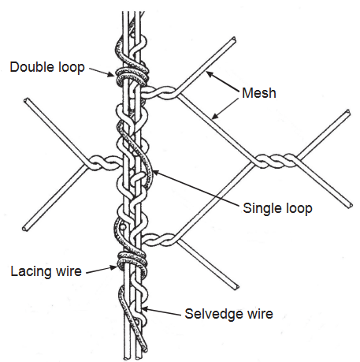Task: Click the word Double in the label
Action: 32,67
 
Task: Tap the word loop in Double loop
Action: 72,68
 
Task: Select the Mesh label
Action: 259,93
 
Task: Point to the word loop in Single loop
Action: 299,209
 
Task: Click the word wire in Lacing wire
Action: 69,271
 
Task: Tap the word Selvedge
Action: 213,314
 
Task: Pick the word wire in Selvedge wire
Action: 260,314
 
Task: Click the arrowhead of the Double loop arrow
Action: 112,74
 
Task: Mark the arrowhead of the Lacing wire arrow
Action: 114,267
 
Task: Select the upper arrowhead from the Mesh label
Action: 210,74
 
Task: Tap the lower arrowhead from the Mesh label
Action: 215,116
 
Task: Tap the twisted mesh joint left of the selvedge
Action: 103,163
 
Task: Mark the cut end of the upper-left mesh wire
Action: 26,100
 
